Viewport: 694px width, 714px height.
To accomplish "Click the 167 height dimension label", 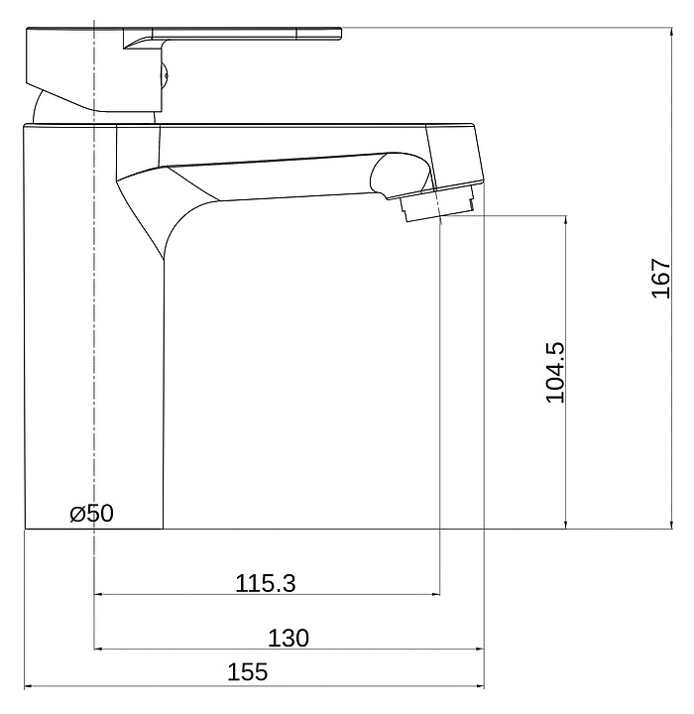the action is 660,279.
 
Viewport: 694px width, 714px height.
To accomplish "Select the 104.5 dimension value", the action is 554,373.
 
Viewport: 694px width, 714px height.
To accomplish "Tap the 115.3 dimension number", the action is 266,583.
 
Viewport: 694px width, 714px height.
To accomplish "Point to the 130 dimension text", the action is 288,638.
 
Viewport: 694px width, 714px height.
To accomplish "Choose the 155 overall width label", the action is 247,672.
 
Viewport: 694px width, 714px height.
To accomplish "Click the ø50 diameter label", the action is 91,514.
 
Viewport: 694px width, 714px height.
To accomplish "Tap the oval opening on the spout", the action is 400,176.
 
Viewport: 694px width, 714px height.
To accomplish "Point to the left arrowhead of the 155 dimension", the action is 28,686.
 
